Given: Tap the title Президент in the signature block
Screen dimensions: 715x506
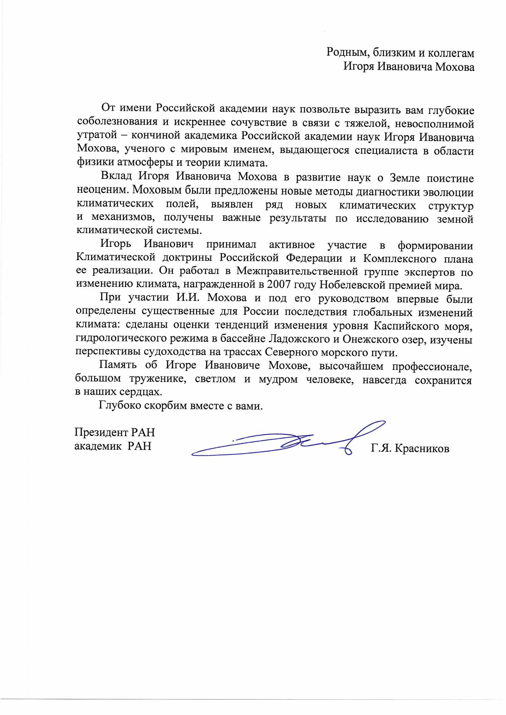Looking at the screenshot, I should click(102, 432).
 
